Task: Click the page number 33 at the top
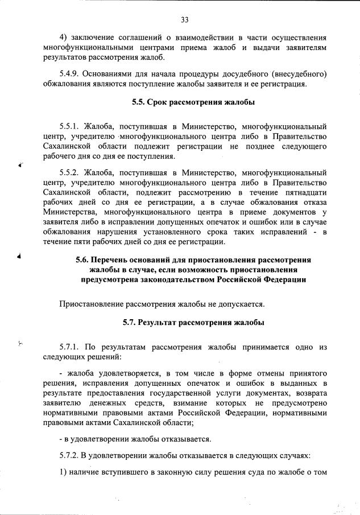tap(184, 20)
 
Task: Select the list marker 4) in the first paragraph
tap(64, 37)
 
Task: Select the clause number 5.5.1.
tap(72, 126)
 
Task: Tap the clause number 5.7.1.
tap(72, 346)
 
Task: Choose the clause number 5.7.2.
tap(72, 458)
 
